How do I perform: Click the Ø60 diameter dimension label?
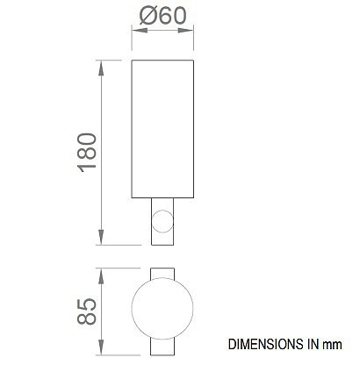(x=162, y=16)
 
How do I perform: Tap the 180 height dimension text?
(x=87, y=153)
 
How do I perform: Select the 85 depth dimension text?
(x=87, y=311)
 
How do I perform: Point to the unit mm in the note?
(x=332, y=345)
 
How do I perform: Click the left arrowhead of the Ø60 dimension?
(x=140, y=31)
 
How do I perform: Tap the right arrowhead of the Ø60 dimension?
(x=186, y=31)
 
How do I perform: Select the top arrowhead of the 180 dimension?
(x=101, y=68)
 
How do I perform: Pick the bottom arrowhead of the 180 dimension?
(x=101, y=237)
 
